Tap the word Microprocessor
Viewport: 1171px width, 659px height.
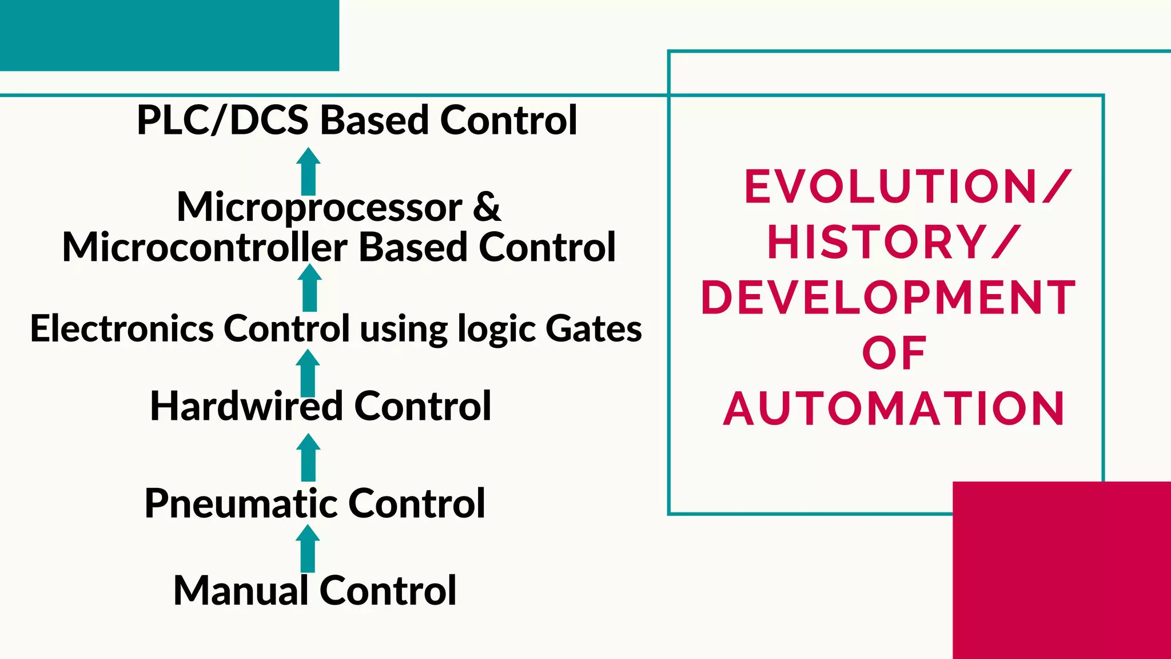319,207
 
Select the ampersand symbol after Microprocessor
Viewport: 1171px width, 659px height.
487,207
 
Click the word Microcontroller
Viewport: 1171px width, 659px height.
204,247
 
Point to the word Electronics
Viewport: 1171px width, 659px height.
122,328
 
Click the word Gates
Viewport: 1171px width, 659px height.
594,328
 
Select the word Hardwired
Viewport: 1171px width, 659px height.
246,406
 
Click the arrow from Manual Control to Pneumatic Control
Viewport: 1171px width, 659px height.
308,549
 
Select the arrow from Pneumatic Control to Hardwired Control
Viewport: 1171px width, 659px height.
308,458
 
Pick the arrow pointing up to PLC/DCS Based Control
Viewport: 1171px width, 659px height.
308,172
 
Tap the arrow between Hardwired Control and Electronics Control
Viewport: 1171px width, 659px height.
308,373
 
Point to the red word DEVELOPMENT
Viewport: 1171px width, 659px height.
888,297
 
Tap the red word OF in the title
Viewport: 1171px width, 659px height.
894,353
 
